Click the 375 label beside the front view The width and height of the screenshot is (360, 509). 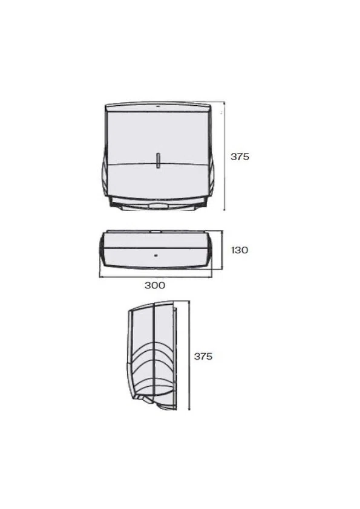tap(240, 157)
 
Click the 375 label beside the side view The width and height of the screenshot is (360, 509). tap(203, 356)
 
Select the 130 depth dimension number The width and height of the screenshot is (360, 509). tap(240, 250)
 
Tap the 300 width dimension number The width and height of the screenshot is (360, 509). tap(155, 285)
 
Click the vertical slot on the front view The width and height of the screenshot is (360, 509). tap(158, 160)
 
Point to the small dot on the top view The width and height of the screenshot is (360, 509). tap(156, 255)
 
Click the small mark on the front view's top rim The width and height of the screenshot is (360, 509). tap(157, 106)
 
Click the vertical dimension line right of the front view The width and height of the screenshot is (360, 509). tap(224, 156)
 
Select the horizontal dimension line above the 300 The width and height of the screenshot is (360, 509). tap(156, 277)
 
